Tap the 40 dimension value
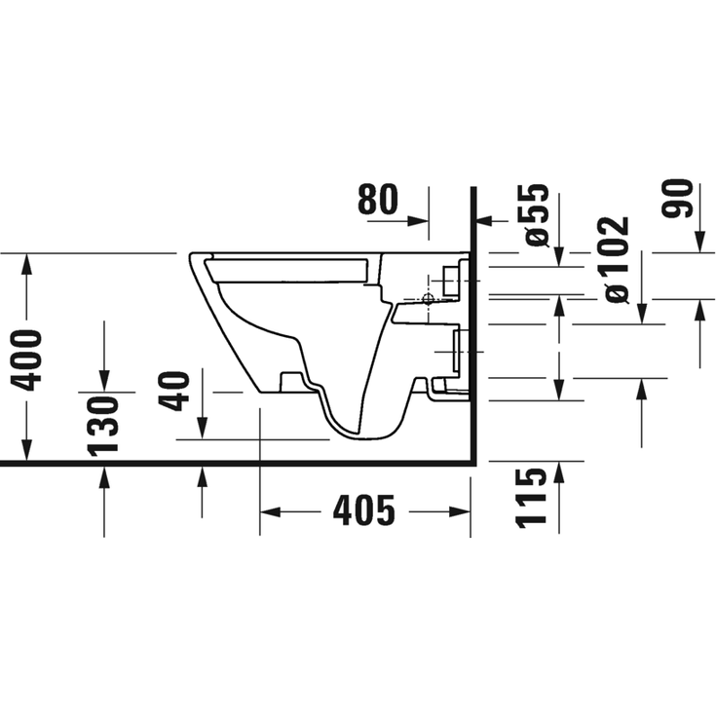(175, 390)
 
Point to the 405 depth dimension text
(364, 510)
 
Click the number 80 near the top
(378, 200)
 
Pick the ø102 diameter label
(616, 258)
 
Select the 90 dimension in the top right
(678, 200)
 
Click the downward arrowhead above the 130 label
(104, 383)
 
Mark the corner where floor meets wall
(472, 463)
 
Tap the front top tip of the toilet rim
(191, 255)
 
